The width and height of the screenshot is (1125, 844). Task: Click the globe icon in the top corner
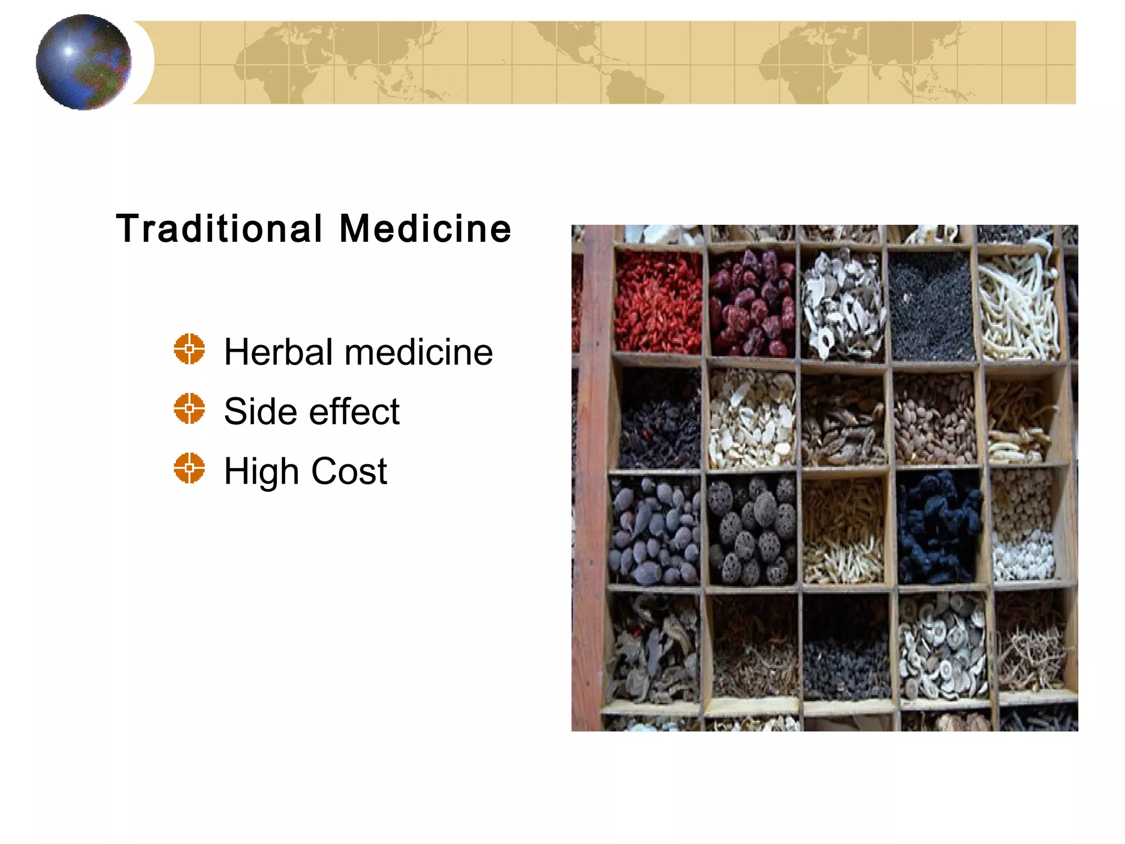coord(83,62)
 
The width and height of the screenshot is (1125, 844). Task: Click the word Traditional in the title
coord(219,229)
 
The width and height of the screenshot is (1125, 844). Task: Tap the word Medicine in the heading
coord(425,229)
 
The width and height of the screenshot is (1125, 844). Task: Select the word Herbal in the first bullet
coord(278,352)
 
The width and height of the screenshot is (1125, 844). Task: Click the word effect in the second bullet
coord(354,411)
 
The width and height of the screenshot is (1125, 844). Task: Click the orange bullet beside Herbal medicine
coord(190,349)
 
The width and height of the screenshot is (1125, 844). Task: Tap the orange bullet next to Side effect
coord(190,408)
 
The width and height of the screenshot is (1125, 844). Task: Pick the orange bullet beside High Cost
coord(190,468)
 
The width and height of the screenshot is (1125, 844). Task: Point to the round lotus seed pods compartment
coord(751,530)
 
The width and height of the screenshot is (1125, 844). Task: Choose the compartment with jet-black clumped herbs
coord(938,527)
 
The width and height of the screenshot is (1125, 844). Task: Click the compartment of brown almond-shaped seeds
coord(934,418)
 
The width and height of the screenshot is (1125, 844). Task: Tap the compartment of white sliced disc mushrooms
coord(943,646)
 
